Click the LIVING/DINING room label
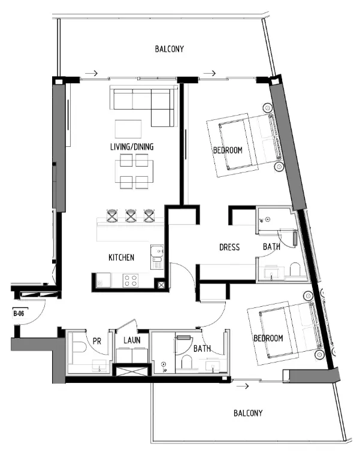pos(132,147)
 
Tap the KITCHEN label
pos(121,258)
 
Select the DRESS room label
pos(229,247)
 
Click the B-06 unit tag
pos(18,313)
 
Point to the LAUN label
pos(132,341)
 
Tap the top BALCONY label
pos(170,49)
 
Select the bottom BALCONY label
pos(247,413)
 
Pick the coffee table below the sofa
pos(128,129)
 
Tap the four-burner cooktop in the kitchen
pos(131,280)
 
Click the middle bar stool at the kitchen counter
pos(131,215)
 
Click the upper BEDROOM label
pos(228,150)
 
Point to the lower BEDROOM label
pos(268,339)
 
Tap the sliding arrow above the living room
pos(91,74)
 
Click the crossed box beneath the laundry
pos(132,370)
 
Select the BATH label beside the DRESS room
pos(271,247)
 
